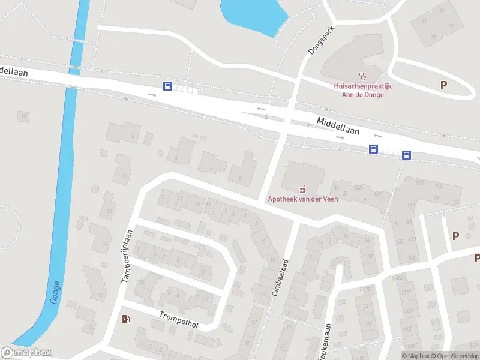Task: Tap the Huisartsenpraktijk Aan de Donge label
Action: click(362, 90)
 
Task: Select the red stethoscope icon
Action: click(362, 76)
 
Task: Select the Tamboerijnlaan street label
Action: click(126, 257)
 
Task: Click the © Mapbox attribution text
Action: click(415, 356)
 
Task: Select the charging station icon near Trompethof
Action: click(125, 319)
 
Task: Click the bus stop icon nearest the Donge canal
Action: click(167, 86)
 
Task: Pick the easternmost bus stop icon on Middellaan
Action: click(406, 155)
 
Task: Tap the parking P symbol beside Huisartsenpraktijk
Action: click(443, 85)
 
